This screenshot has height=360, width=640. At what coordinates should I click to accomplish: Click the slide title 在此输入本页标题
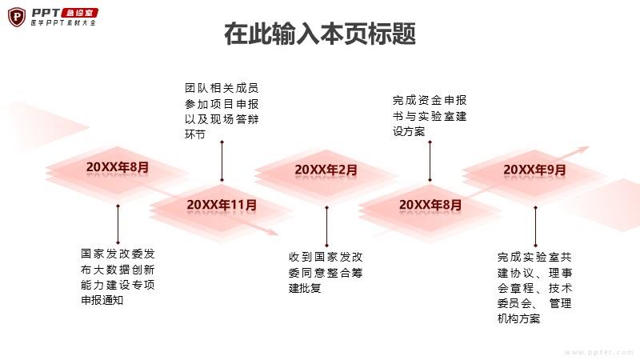[x=320, y=34]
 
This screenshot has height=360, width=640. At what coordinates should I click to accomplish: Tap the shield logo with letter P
[x=17, y=17]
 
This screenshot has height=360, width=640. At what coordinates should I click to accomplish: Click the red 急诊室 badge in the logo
[x=79, y=13]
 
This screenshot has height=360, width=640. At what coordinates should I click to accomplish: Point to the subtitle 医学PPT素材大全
[x=63, y=23]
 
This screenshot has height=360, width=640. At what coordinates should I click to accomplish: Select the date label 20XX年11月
[x=222, y=205]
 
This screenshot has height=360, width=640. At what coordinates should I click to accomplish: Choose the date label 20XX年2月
[x=326, y=170]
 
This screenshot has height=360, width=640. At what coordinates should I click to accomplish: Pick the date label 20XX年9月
[x=534, y=170]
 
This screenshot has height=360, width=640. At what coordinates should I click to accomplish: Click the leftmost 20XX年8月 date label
[x=117, y=167]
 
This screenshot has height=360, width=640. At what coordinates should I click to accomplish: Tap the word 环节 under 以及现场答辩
[x=194, y=134]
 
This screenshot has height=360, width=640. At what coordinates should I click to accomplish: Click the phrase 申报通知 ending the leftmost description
[x=102, y=300]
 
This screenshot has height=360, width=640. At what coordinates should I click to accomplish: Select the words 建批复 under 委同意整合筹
[x=305, y=288]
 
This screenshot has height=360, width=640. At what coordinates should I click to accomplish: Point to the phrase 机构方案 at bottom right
[x=518, y=318]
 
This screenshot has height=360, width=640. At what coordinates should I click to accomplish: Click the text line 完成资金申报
[x=430, y=101]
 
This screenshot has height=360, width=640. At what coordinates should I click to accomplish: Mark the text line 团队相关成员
[x=222, y=88]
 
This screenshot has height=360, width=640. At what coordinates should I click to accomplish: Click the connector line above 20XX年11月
[x=222, y=161]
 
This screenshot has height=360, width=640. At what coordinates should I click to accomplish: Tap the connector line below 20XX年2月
[x=326, y=226]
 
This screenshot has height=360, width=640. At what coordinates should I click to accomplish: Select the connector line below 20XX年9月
[x=535, y=226]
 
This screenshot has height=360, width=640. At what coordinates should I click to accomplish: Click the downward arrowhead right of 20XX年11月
[x=272, y=232]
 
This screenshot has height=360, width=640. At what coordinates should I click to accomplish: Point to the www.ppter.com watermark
[x=598, y=352]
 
